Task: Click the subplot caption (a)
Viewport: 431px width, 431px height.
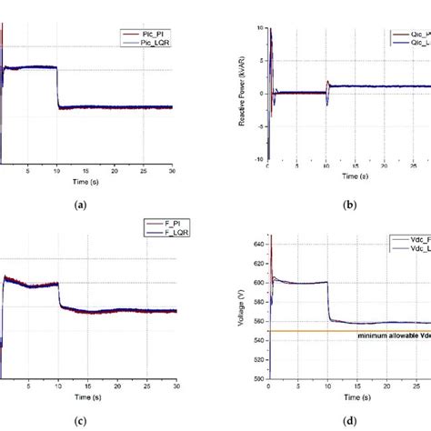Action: [79, 205]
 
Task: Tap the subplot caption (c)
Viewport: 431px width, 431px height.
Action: [79, 421]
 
